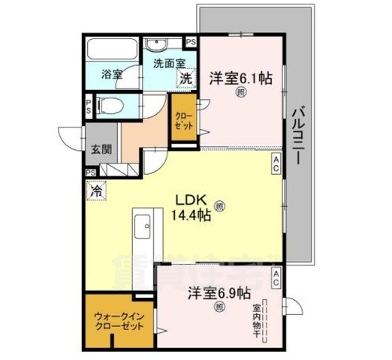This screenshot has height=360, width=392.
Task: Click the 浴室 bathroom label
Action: point(112,75)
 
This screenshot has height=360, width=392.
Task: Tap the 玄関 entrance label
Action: point(102,148)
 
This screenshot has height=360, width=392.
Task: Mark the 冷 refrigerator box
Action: point(96,193)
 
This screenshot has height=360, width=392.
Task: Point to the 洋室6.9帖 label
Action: point(219,292)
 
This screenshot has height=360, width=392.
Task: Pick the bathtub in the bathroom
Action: point(110,49)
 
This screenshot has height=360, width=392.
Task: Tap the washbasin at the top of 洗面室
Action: point(158,43)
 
